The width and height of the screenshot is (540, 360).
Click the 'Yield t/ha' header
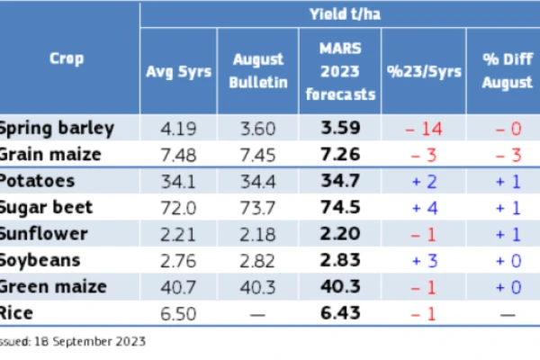tap(345, 14)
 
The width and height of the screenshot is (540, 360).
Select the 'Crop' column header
tap(67, 58)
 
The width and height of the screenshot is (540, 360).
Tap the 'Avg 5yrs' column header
tap(178, 72)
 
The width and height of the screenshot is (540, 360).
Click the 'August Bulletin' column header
tap(258, 71)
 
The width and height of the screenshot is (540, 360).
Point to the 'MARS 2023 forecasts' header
tap(340, 71)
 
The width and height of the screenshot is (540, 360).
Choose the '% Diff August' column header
tap(508, 71)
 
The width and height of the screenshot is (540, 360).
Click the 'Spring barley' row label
tap(57, 129)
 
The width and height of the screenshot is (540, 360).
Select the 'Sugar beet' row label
tap(46, 207)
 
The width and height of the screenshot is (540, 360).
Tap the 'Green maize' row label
tap(53, 286)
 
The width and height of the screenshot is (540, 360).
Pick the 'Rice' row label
tap(16, 313)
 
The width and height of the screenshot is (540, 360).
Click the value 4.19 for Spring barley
tap(178, 129)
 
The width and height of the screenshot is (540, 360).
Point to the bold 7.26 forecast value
tap(340, 154)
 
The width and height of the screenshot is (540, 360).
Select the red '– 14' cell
tap(424, 129)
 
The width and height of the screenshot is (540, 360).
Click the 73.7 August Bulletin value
tap(258, 208)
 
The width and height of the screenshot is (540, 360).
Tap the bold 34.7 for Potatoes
tap(340, 181)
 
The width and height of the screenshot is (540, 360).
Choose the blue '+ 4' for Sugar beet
tap(425, 208)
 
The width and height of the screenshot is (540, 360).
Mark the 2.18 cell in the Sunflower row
tap(258, 234)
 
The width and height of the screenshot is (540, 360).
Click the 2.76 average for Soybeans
tap(178, 261)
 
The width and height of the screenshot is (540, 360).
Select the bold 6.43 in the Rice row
tap(340, 313)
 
